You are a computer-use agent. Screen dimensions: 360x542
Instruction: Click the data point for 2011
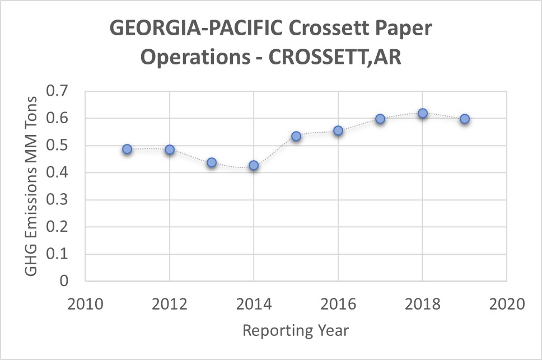point(127,149)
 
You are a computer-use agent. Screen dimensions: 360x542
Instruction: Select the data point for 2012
point(170,149)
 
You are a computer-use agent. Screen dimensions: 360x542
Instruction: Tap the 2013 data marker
point(212,162)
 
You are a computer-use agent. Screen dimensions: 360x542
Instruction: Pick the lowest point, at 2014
point(254,165)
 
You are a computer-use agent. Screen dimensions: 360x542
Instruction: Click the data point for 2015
point(296,136)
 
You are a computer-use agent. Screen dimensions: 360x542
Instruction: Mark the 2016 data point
point(338,130)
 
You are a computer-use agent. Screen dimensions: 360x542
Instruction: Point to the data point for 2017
point(380,119)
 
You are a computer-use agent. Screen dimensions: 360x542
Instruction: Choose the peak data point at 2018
point(423,113)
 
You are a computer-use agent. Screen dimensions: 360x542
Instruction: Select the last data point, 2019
point(465,119)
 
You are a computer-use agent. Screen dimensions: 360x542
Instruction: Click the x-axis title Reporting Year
point(296,330)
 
